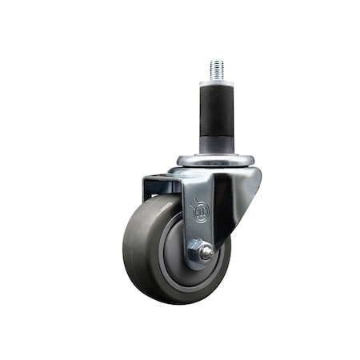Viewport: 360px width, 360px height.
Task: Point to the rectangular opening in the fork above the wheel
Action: (x=165, y=185)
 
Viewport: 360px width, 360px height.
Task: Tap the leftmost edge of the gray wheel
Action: (x=124, y=248)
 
